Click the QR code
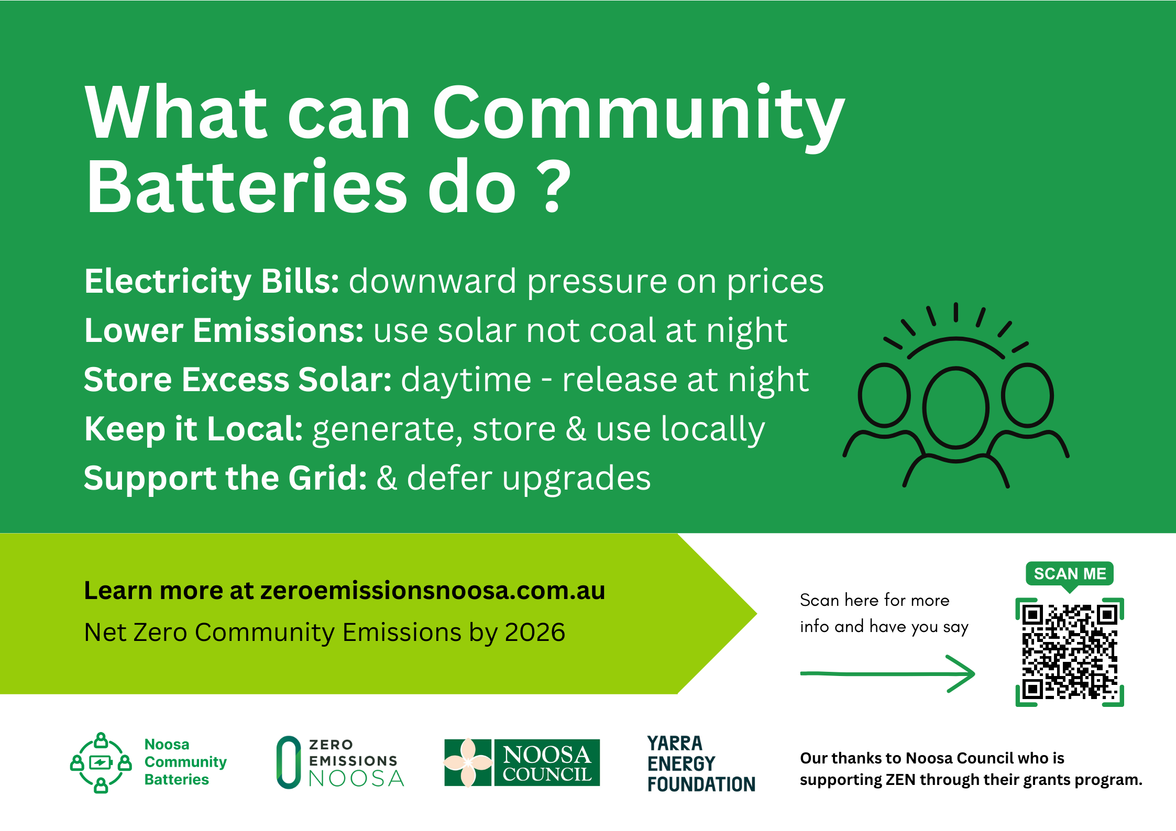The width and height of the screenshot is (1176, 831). (x=1069, y=652)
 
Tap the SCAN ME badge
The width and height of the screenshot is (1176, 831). (x=1069, y=573)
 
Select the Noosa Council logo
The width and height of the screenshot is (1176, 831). (x=522, y=762)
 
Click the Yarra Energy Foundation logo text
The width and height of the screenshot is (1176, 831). (x=701, y=763)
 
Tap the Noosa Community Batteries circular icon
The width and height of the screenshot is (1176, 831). (x=101, y=762)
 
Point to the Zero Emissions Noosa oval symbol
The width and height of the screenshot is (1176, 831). (x=289, y=762)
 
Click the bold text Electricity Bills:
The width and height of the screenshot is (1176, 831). (x=212, y=281)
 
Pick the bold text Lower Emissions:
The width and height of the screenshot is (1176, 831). (x=224, y=330)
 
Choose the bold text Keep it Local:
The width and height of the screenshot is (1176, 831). (x=193, y=429)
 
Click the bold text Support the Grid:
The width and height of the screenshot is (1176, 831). (x=225, y=478)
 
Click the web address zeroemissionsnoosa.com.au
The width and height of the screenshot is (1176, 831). (x=433, y=590)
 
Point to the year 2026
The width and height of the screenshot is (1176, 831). (x=534, y=632)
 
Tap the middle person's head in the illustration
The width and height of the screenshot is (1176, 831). (x=955, y=407)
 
